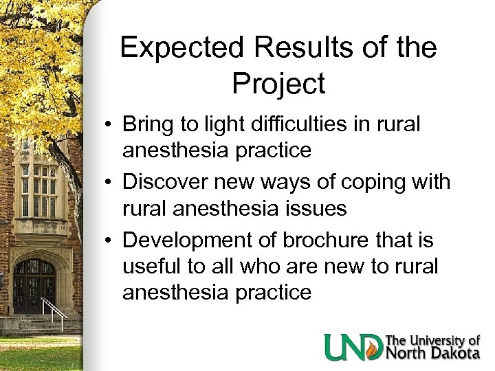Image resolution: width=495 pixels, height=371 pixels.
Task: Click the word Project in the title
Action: coord(278,83)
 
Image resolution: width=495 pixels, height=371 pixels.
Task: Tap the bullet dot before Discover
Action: coord(110,183)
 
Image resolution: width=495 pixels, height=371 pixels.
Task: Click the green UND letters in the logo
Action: coord(353,346)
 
